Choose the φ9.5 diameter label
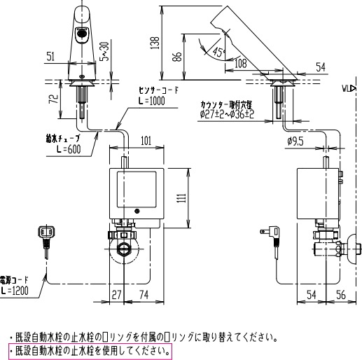pyautogui.click(x=295, y=141)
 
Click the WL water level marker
pyautogui.click(x=348, y=89)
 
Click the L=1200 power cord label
pyautogui.click(x=15, y=289)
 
